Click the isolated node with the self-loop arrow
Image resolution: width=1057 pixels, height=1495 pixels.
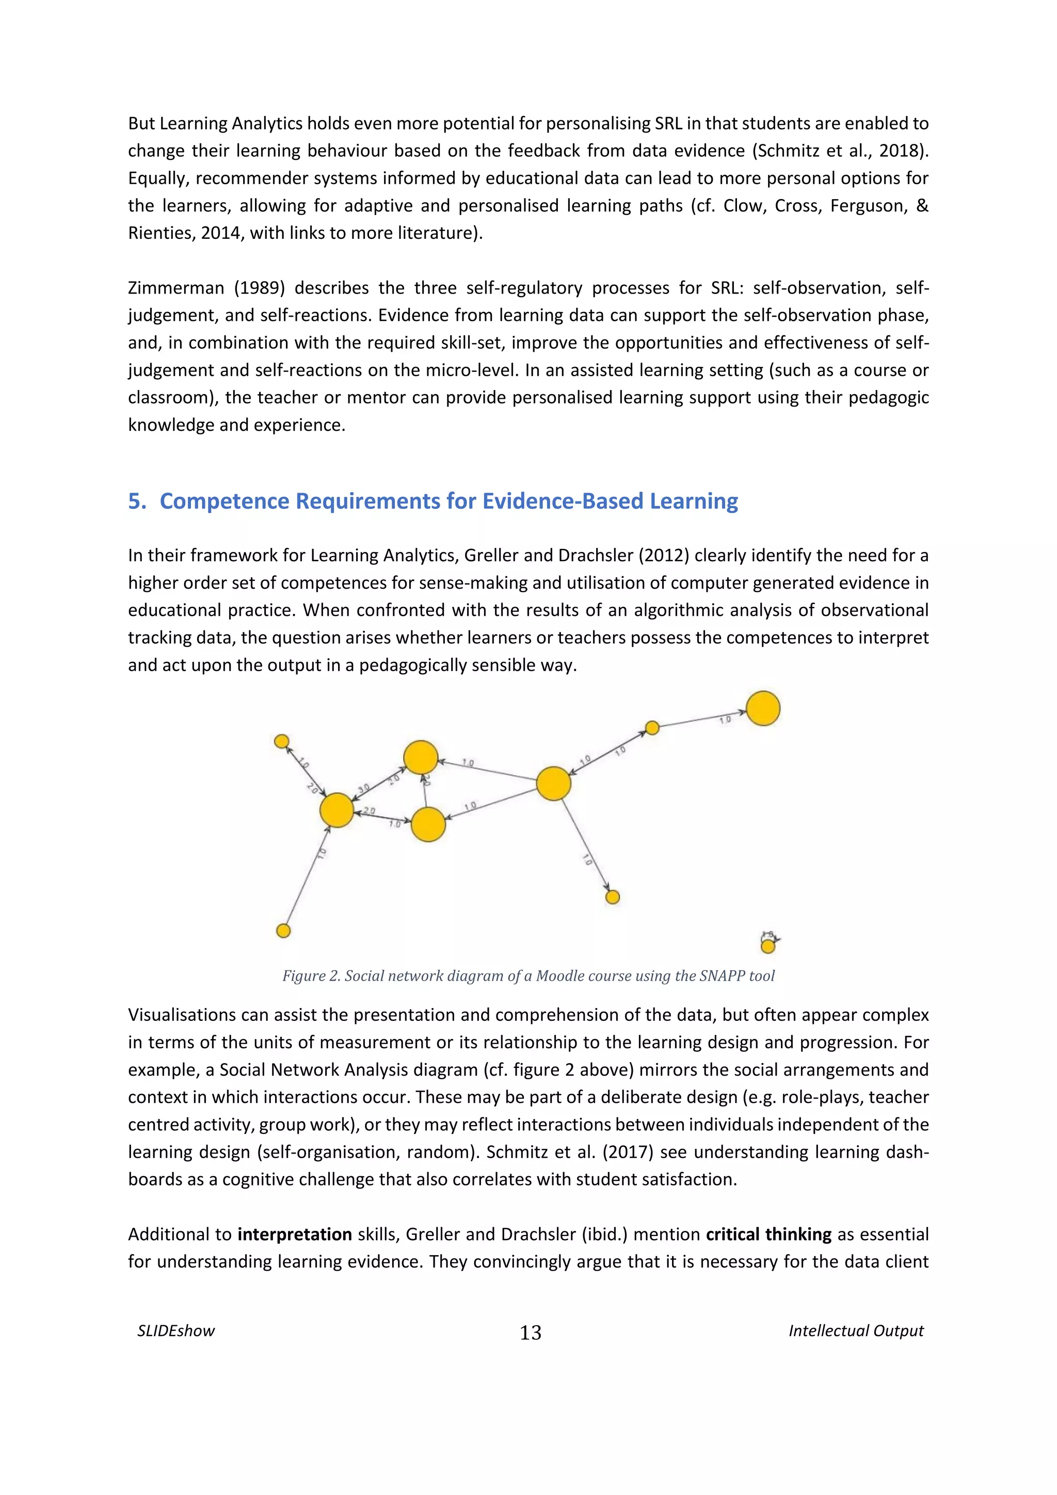point(768,946)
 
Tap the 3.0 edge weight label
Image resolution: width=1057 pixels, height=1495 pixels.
point(363,789)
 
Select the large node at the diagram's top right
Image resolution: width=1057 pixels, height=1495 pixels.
point(763,708)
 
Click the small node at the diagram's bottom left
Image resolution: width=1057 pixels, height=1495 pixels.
point(283,931)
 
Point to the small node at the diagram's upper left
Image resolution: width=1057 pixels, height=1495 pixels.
point(281,741)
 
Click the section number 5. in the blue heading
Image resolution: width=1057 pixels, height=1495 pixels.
point(137,501)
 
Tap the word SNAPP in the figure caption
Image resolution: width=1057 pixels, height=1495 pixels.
point(722,976)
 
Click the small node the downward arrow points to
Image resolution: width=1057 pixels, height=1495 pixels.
point(612,897)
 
